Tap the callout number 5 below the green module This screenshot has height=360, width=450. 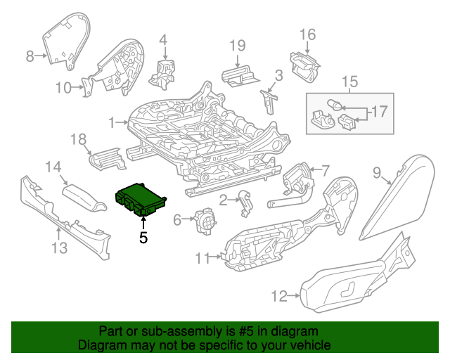coord(143,238)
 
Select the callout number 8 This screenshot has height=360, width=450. coord(30,56)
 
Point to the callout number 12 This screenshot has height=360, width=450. coord(279,296)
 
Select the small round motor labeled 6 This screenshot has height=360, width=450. coord(205,221)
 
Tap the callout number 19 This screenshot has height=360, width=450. coord(238,46)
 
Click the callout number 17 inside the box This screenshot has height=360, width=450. coord(379,111)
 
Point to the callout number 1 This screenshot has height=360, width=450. coord(112,123)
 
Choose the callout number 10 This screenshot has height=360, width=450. coord(64,88)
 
